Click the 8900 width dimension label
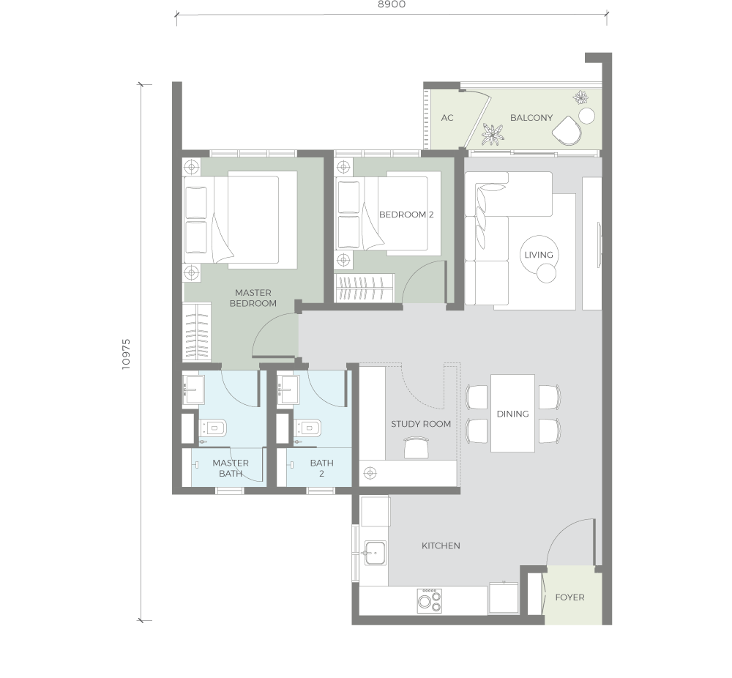pos(391,4)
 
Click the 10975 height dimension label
pos(126,354)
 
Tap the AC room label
pos(447,118)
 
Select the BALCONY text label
pos(531,118)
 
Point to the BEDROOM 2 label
pos(406,215)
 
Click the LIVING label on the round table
pos(539,255)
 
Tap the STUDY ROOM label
pos(421,424)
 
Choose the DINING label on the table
pos(512,414)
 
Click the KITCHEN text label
pos(441,545)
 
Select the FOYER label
pos(569,597)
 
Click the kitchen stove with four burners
pos(430,601)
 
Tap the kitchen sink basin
pos(375,553)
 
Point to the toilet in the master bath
pos(213,428)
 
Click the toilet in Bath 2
pos(308,428)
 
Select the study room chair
pos(416,447)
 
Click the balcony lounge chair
pos(567,131)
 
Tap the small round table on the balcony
pos(587,116)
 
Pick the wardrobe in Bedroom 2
pos(365,288)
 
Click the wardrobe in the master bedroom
pos(196,332)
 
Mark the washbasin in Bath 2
pos(288,389)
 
